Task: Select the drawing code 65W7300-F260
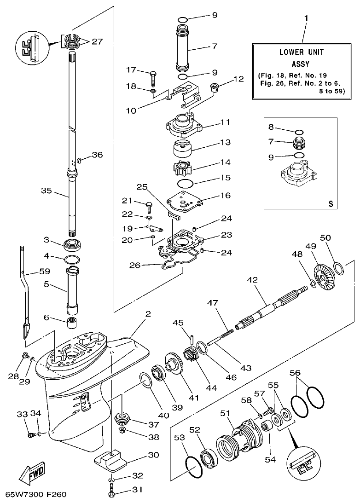coord(36,495)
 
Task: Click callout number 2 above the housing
coord(148,314)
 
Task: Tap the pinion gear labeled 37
coord(122,419)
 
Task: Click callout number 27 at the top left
coord(97,41)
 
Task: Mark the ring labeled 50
coord(337,267)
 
